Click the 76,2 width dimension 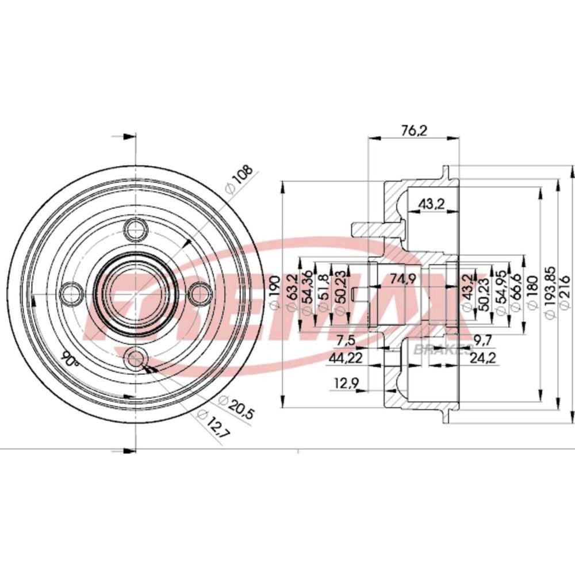pyautogui.click(x=413, y=131)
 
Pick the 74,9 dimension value pyautogui.click(x=402, y=280)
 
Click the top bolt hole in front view pyautogui.click(x=136, y=230)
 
